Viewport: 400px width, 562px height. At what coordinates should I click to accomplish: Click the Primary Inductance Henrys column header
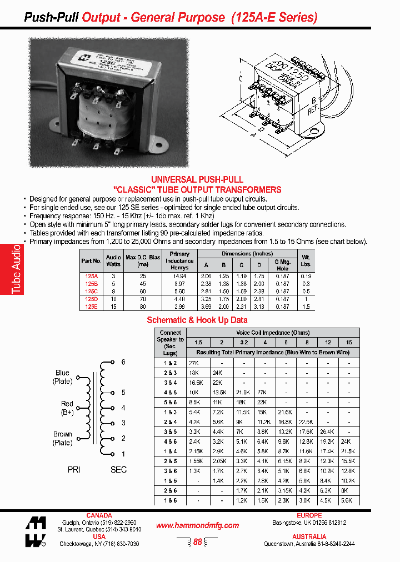point(179,261)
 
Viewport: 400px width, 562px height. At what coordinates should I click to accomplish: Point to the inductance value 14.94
point(179,276)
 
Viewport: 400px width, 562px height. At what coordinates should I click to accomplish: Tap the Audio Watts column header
point(113,261)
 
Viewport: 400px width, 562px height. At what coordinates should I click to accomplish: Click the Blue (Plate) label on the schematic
point(62,377)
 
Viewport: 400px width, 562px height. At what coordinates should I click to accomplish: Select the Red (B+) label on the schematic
point(67,408)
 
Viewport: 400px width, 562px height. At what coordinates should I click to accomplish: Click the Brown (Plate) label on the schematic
point(62,438)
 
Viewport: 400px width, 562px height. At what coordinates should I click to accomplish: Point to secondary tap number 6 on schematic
point(123,362)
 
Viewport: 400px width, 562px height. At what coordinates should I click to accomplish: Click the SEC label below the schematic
point(118,469)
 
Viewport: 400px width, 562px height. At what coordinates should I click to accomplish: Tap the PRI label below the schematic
point(74,469)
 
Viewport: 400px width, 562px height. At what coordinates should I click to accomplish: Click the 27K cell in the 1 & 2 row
point(194,362)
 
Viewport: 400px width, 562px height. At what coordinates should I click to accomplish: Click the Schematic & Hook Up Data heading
point(197,320)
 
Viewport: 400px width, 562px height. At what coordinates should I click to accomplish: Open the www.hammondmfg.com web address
point(197,525)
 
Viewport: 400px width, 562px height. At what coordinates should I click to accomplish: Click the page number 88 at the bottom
point(197,542)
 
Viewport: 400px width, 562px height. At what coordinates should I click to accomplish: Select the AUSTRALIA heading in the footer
point(309,537)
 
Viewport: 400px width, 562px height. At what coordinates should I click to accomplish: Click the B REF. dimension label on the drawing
point(314,106)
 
